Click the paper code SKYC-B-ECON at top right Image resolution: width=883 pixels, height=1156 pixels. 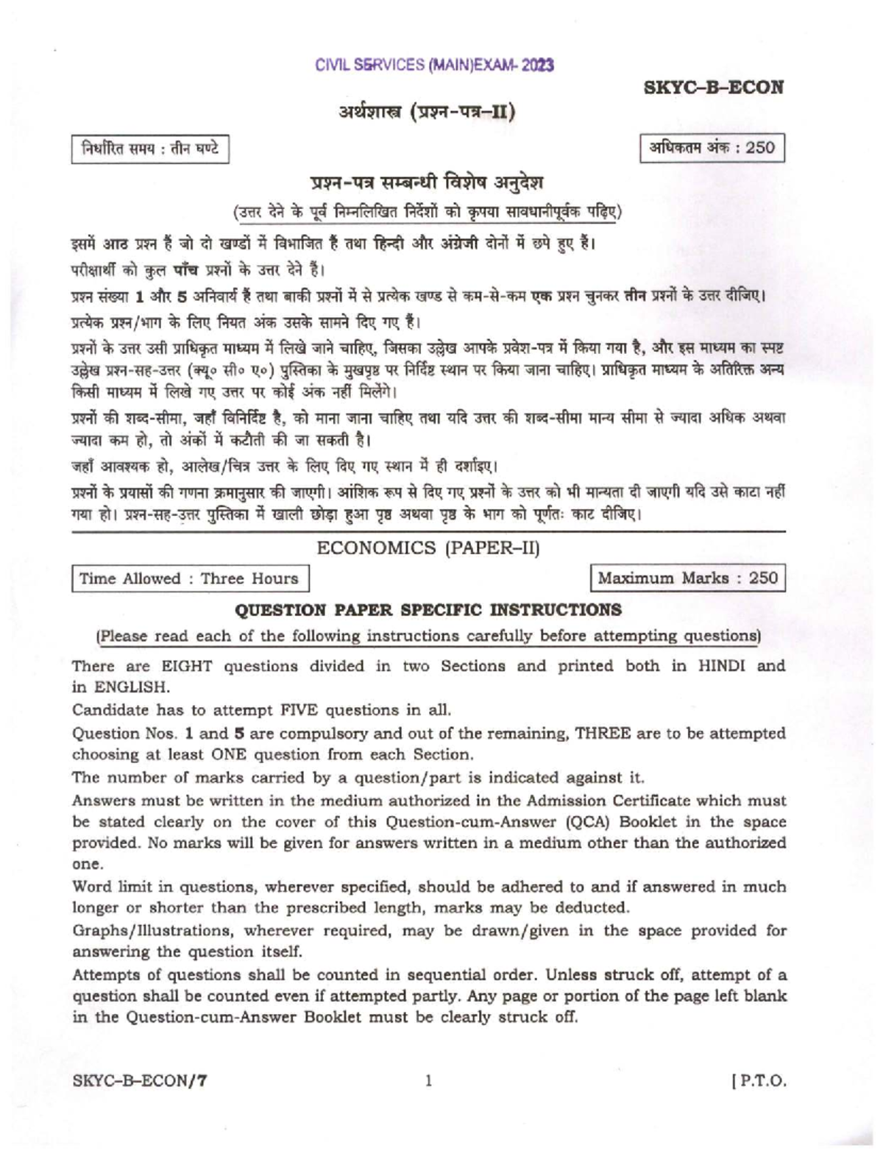point(713,88)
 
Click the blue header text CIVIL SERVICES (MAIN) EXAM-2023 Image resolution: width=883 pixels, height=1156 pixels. point(434,65)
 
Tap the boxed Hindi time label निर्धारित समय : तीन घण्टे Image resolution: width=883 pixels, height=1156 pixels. point(149,149)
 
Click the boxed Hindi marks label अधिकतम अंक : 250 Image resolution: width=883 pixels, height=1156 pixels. point(712,148)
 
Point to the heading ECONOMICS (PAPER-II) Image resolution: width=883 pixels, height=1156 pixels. point(428,547)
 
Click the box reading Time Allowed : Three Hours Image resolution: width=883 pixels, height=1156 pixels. point(189,578)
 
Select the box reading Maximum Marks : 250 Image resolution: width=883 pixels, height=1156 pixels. point(687,578)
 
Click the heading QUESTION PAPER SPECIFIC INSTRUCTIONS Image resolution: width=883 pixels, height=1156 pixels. point(428,610)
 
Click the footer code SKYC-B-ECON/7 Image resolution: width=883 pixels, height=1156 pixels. point(140,1081)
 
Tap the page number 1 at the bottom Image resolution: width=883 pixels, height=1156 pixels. point(428,1081)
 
